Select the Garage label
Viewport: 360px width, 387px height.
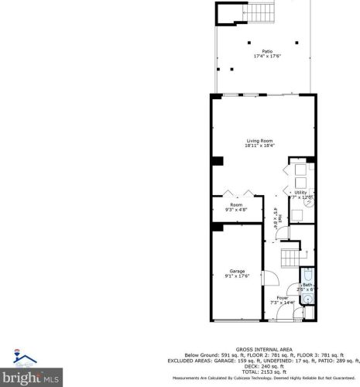coord(237,271)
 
